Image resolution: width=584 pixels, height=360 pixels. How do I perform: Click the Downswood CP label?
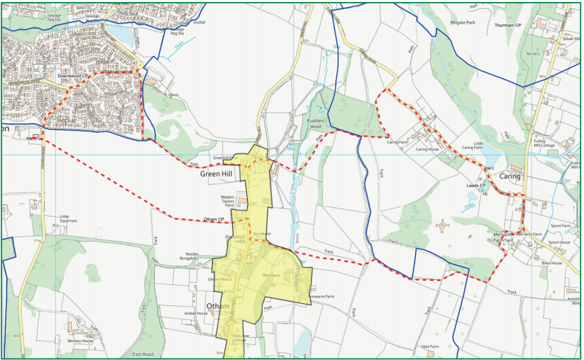click(73, 76)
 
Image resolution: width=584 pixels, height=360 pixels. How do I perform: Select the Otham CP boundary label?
click(214, 219)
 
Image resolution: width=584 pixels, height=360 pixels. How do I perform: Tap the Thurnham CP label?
click(508, 25)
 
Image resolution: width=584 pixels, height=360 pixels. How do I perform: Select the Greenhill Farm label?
click(225, 158)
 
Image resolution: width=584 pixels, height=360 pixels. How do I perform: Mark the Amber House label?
click(196, 313)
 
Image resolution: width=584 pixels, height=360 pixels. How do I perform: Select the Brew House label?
click(552, 263)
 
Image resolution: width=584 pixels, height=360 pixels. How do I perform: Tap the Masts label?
click(173, 95)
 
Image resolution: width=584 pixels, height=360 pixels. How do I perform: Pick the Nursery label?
click(533, 53)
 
